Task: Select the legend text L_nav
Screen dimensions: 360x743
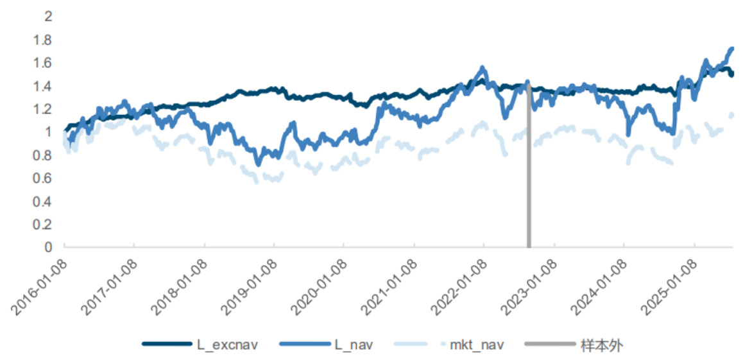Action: [x=354, y=345]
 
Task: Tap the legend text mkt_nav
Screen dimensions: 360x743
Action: [x=476, y=345]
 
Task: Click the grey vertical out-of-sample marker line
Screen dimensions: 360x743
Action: [x=529, y=193]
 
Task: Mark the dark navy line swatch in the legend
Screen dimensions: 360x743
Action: [x=166, y=345]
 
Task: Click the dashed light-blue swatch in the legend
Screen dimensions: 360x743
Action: [x=420, y=345]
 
